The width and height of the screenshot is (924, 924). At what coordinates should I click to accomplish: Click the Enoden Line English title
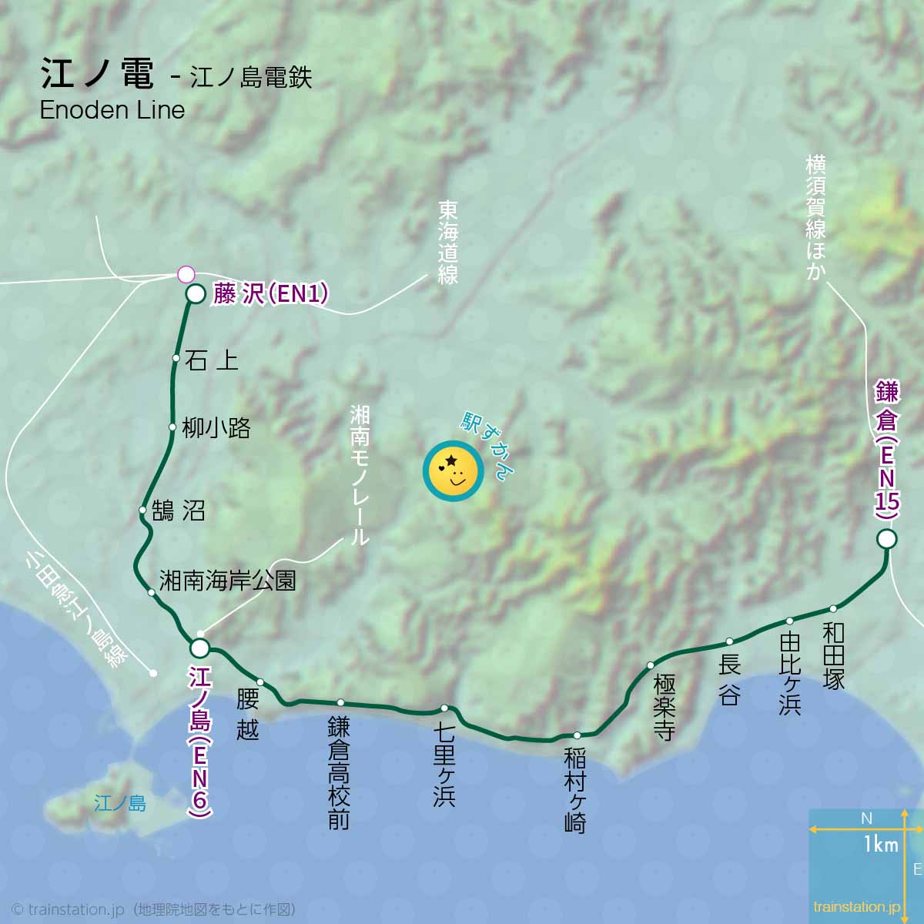pos(112,110)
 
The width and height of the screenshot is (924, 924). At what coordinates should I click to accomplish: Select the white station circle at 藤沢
pos(196,296)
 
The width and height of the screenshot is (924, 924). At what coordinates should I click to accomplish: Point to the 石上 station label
pos(212,360)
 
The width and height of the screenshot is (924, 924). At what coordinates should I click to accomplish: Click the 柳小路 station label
pos(216,428)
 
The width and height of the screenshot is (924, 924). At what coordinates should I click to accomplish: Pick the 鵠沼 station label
pos(179,511)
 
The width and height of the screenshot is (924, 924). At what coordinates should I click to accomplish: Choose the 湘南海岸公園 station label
pos(228,580)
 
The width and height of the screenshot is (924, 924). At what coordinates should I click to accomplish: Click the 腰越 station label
pos(248,715)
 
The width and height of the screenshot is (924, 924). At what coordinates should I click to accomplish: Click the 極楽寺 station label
pos(664,708)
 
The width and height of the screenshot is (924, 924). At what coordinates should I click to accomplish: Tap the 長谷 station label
pos(729,680)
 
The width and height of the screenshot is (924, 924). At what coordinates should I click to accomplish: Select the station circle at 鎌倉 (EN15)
pos(887,539)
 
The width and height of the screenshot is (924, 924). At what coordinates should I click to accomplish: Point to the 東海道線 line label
pos(448,243)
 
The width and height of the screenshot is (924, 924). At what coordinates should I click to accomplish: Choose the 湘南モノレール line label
pos(360,476)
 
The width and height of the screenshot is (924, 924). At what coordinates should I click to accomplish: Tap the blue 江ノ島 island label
pos(119,804)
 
